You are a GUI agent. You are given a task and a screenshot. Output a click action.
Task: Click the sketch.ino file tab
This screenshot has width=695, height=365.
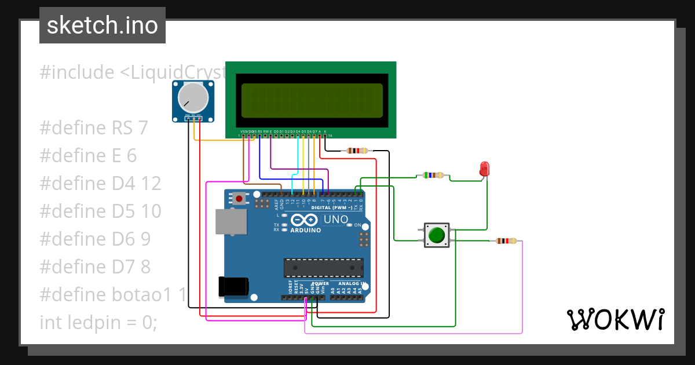(x=103, y=25)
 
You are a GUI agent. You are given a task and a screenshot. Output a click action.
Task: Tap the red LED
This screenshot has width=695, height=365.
(x=484, y=169)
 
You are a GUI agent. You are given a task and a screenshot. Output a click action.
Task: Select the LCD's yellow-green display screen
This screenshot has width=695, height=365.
(x=312, y=100)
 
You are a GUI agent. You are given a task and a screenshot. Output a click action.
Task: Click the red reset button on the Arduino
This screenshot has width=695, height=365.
(x=239, y=199)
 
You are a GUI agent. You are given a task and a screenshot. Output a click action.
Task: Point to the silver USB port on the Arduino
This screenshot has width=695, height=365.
(x=230, y=222)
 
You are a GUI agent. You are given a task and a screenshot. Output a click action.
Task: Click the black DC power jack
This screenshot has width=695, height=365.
(x=233, y=286)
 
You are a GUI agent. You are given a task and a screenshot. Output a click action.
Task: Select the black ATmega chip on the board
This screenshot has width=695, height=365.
(x=323, y=268)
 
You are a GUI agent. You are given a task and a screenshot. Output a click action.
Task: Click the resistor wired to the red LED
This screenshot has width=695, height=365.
(x=433, y=175)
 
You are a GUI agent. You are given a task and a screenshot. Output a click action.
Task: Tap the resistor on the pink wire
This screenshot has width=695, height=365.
(x=506, y=241)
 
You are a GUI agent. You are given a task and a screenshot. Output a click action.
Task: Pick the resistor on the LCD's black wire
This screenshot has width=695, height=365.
(x=357, y=151)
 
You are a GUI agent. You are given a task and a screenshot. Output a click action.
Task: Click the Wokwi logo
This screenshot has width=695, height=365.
(x=614, y=319)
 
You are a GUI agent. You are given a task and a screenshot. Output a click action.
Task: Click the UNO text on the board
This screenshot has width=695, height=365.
(x=335, y=220)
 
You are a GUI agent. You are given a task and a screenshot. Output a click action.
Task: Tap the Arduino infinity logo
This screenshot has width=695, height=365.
(x=304, y=220)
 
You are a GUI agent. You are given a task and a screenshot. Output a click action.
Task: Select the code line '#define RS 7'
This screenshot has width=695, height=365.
(x=94, y=128)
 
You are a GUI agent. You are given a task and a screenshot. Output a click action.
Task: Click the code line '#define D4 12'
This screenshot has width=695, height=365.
(x=100, y=184)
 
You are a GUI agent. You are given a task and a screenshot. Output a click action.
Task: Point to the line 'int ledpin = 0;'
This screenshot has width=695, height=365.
(x=98, y=322)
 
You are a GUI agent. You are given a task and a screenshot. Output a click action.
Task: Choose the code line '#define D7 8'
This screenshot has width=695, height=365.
(x=95, y=267)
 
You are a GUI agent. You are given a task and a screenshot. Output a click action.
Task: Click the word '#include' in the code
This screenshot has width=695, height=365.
(x=77, y=72)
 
